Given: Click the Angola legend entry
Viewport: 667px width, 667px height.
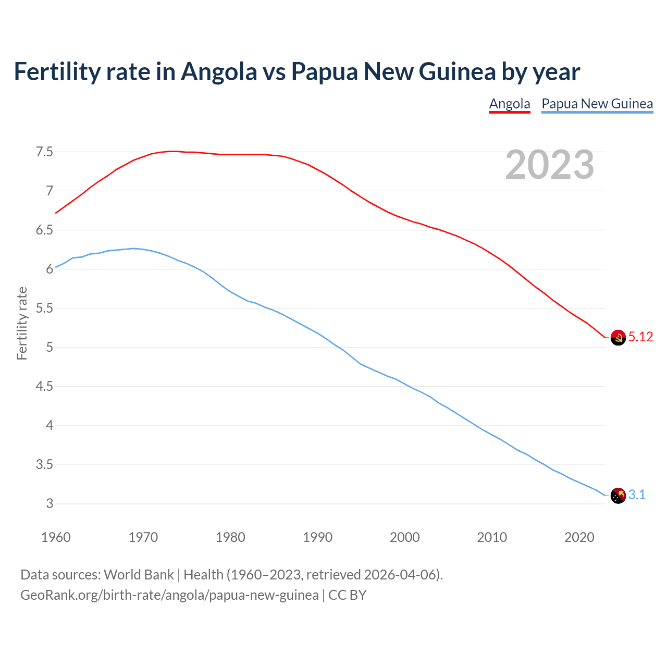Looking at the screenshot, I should pos(509,104).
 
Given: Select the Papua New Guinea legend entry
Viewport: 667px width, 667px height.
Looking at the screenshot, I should pos(597,104).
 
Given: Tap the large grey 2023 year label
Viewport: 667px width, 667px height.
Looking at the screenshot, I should pos(550,165).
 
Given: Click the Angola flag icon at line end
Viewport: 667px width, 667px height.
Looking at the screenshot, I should pos(617,337).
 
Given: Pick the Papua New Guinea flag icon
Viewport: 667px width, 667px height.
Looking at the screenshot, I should pos(617,495).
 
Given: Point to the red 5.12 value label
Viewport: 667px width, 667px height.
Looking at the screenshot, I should pos(640,337).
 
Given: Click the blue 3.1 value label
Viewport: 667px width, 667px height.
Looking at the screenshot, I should pos(637,495).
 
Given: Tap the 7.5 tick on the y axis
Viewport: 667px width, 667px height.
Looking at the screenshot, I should pos(44,152).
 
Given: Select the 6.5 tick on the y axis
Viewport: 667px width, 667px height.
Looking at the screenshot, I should pos(44,230).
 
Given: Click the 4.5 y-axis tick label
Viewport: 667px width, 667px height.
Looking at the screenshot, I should pos(44,387).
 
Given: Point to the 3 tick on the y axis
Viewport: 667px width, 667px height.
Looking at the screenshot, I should pos(50,504).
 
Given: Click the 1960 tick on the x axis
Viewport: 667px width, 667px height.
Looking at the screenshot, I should pos(56,537).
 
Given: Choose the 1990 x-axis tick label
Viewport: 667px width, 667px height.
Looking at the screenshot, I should pos(317,537).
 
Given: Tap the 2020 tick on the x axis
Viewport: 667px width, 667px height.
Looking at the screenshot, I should pos(579,537).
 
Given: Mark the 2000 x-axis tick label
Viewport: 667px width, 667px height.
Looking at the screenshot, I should pos(404,537).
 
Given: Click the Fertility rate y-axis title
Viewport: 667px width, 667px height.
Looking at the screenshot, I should pos(22,323).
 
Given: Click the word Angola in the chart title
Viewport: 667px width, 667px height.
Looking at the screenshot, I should pos(219,72).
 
